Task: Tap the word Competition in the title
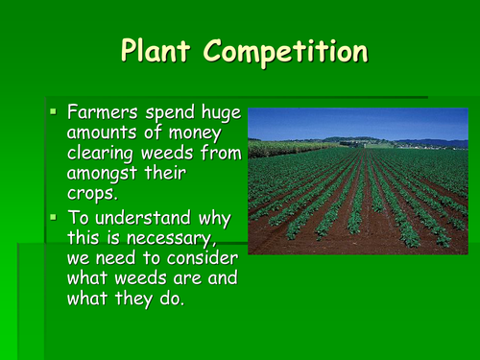[288, 50]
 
